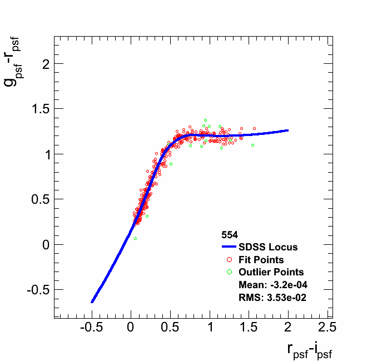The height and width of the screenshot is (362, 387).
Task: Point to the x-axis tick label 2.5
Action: tap(327, 328)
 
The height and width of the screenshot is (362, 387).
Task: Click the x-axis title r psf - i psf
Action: tap(310, 350)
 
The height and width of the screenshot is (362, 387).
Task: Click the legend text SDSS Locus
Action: tap(268, 247)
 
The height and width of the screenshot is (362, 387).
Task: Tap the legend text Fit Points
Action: tap(261, 260)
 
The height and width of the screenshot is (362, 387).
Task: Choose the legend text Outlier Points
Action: tap(271, 272)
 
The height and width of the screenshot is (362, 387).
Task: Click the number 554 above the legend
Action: tap(230, 235)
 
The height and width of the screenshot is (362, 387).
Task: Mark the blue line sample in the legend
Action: tap(230, 247)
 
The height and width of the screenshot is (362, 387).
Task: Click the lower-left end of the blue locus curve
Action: tap(92, 301)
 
